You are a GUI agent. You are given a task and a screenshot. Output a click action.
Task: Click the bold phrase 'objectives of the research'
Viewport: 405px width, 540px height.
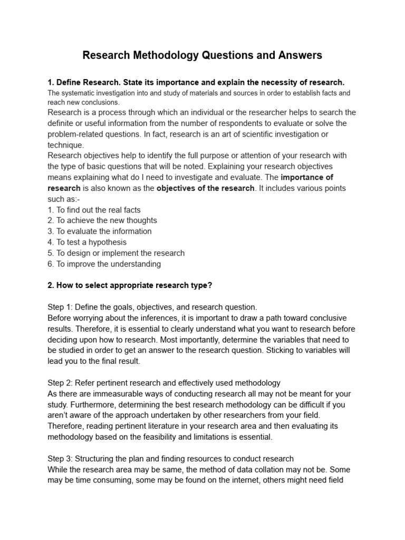point(206,188)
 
